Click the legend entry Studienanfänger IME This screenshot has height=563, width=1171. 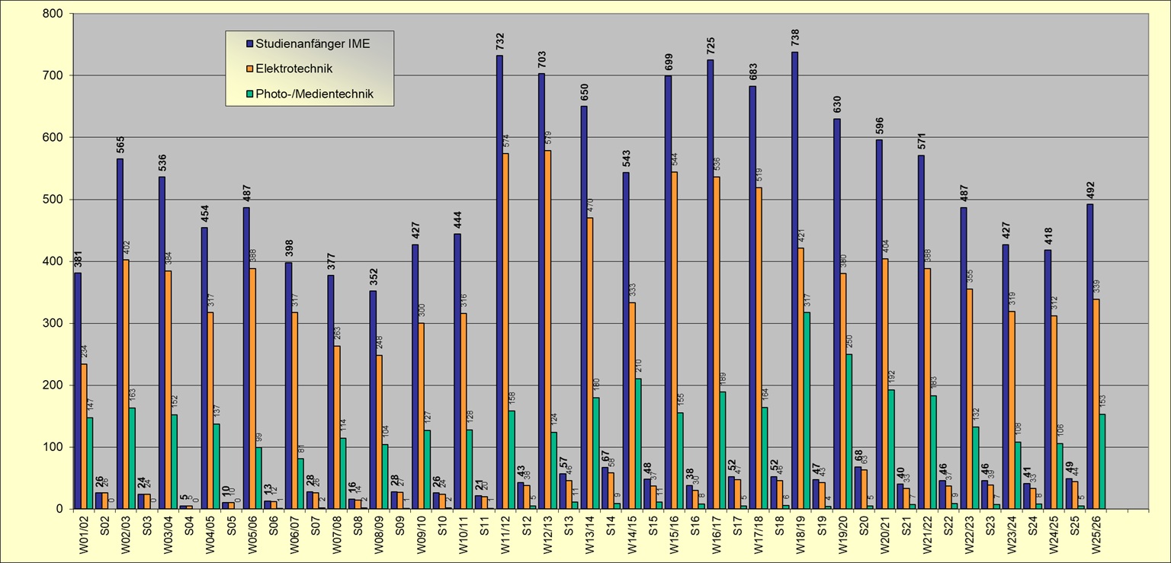click(313, 43)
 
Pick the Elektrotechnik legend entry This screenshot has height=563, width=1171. click(294, 69)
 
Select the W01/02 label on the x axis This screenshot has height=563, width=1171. click(82, 533)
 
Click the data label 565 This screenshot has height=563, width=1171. click(120, 145)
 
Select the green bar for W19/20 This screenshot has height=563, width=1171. click(849, 430)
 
